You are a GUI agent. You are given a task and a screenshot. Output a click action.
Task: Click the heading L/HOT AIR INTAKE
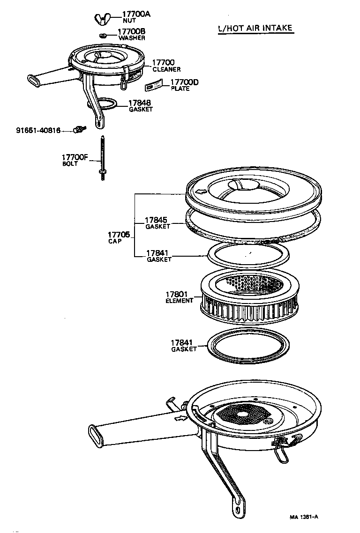255,28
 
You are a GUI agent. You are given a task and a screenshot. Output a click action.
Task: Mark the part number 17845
156,220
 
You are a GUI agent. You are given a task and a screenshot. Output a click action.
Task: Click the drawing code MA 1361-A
304,517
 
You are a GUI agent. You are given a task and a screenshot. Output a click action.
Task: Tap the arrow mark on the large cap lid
200,191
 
